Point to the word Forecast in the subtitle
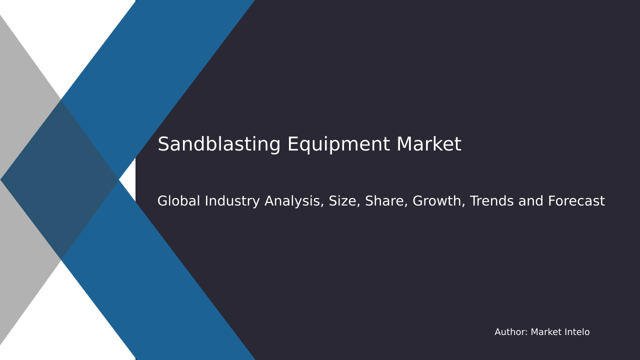tap(576, 201)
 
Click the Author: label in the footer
tap(511, 332)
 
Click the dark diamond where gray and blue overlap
tap(60, 179)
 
